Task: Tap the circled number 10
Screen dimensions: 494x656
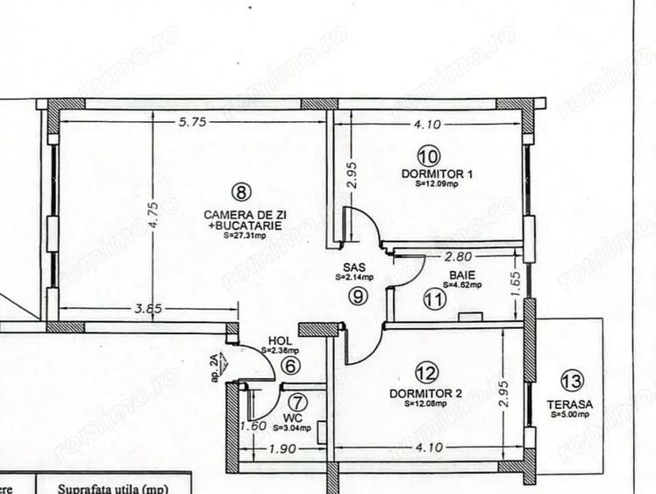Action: (429, 157)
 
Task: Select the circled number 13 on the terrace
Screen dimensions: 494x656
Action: (572, 381)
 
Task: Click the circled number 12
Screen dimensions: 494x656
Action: (426, 373)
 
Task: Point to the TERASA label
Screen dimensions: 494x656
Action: (571, 405)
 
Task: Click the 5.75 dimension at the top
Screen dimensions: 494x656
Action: (191, 123)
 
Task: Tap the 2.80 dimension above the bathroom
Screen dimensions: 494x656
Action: (460, 257)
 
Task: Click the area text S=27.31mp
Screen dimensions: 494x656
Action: (243, 235)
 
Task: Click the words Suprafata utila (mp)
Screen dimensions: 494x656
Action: (112, 488)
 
